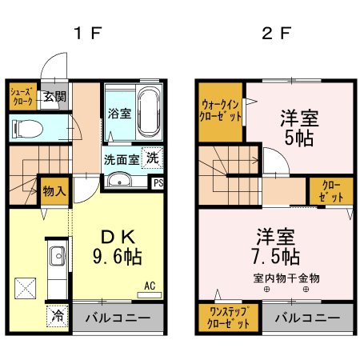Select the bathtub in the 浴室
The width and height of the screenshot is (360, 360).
pos(150,109)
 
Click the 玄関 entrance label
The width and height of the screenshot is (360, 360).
pos(54,97)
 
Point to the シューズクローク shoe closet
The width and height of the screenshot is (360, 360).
pos(22,97)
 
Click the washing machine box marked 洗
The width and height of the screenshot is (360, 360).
pos(152,158)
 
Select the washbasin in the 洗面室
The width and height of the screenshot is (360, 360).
pos(120,180)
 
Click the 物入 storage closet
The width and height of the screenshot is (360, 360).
pos(54,192)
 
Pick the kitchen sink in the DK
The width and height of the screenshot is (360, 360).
pos(57,258)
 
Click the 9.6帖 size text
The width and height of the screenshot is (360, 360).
pos(119,258)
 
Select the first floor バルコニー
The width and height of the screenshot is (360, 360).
pos(118,318)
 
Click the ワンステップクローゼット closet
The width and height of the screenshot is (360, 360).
pos(228,318)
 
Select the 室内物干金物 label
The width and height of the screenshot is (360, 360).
pos(286,278)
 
